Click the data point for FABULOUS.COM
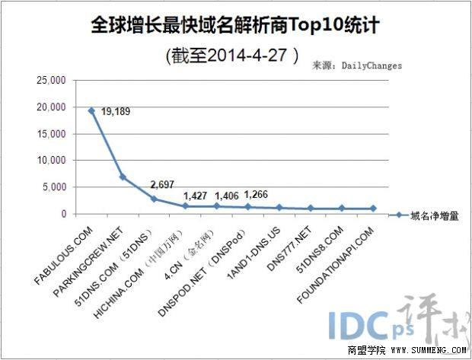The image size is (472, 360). pos(91,111)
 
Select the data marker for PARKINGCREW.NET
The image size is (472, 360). pos(123,177)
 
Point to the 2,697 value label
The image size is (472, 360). pos(164,185)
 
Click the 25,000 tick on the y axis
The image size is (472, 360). pos(49,80)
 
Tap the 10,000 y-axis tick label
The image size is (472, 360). pos(49,161)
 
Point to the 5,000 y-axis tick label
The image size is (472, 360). pos(53,187)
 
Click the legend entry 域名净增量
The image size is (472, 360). pos(432,215)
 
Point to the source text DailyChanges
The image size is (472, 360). pos(372,66)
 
